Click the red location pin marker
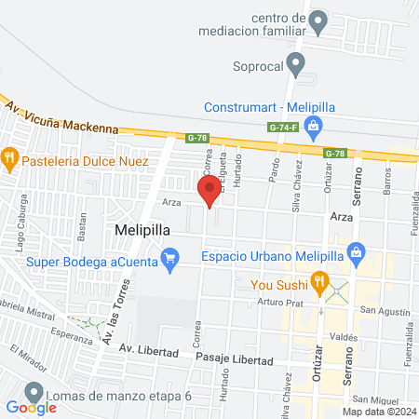tap(210, 191)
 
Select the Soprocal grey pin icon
tap(296, 64)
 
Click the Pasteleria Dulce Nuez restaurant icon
tap(10, 156)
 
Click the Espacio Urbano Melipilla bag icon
tap(355, 252)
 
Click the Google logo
tap(32, 407)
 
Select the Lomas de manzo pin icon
tap(34, 393)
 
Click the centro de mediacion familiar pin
tap(319, 20)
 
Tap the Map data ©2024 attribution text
tap(377, 412)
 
